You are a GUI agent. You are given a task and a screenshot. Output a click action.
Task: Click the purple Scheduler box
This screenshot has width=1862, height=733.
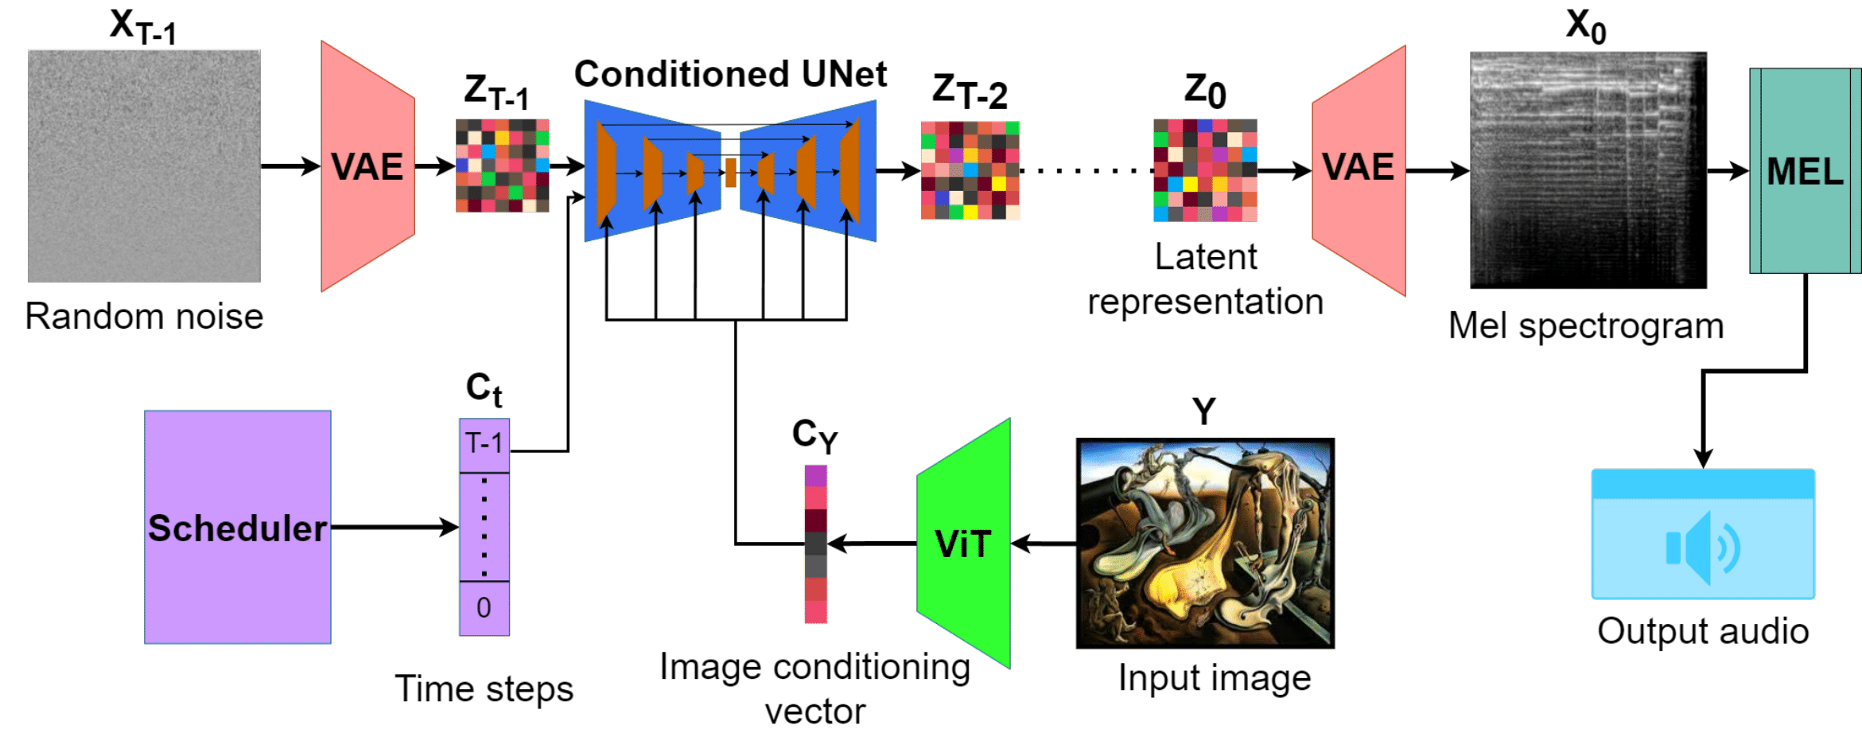[237, 527]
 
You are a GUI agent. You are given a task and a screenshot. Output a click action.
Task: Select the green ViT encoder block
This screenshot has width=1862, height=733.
[963, 544]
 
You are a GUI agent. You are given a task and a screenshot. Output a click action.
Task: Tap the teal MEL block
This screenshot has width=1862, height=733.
[1805, 170]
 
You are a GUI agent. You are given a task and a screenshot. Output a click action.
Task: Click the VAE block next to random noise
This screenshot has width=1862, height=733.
[367, 166]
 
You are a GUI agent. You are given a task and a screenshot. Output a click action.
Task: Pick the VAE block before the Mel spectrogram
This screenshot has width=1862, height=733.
[1359, 170]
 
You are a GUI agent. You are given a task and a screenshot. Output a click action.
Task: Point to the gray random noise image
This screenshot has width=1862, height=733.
[144, 166]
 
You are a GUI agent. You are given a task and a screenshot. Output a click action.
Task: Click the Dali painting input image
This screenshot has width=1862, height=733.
[1205, 543]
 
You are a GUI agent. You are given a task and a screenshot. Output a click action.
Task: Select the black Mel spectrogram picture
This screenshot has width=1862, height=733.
[1588, 170]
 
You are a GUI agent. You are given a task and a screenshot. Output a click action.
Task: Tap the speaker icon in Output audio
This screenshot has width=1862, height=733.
[1702, 548]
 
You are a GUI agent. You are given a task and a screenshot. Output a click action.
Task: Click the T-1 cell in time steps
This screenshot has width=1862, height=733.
[484, 444]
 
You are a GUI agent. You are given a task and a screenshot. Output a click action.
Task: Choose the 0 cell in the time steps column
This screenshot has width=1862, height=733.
[484, 609]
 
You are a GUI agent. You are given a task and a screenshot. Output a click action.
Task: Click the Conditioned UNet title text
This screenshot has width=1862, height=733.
[730, 74]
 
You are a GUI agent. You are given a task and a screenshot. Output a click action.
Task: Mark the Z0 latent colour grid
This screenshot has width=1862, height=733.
[1205, 170]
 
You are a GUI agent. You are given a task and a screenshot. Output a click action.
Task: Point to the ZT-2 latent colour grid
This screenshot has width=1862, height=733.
[970, 170]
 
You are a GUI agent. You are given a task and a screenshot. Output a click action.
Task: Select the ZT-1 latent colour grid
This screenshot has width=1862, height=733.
[502, 166]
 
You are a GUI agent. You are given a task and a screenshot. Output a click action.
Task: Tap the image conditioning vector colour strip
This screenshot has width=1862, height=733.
[815, 544]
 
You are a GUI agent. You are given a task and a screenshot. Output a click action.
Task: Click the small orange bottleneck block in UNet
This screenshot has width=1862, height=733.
[730, 172]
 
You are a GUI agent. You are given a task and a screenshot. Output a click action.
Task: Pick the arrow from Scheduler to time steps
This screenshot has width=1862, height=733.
[395, 527]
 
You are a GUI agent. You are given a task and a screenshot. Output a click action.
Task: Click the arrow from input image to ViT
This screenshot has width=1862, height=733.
[1044, 544]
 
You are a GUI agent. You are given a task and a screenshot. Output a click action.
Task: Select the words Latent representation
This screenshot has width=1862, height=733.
[1205, 279]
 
